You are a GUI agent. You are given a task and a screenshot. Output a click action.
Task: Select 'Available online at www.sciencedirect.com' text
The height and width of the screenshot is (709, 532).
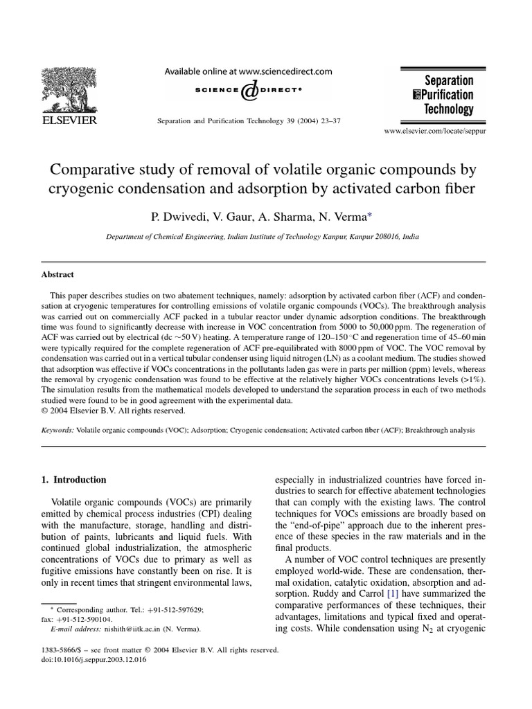(248, 71)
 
